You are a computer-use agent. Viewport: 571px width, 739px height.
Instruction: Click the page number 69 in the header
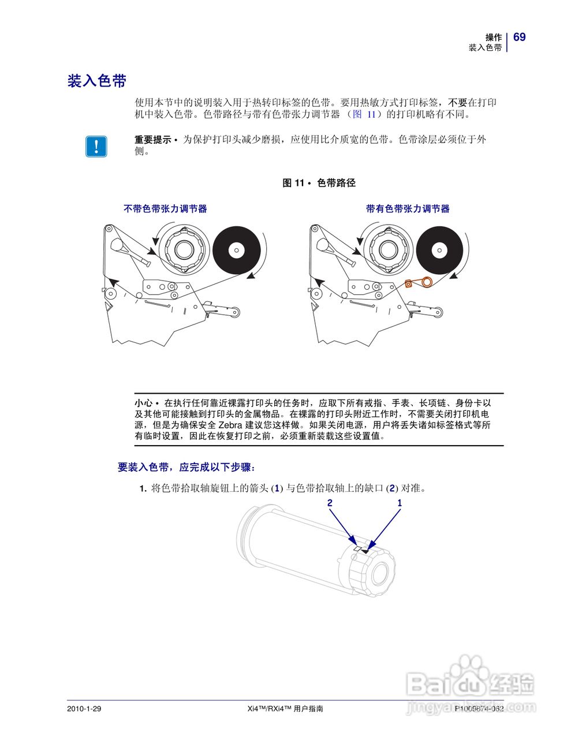pyautogui.click(x=519, y=37)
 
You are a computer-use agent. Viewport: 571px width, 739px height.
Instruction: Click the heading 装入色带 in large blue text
pyautogui.click(x=96, y=81)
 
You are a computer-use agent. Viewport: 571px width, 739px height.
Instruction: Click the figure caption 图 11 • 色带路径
pyautogui.click(x=319, y=183)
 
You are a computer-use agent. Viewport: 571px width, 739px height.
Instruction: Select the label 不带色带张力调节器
pyautogui.click(x=165, y=209)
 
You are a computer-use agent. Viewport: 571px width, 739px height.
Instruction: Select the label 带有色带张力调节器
pyautogui.click(x=408, y=209)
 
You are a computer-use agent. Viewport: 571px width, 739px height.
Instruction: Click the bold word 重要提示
pyautogui.click(x=152, y=140)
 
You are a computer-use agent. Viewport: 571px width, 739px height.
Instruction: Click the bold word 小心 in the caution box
pyautogui.click(x=143, y=402)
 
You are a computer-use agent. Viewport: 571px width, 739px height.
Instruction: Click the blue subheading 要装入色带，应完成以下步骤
pyautogui.click(x=186, y=467)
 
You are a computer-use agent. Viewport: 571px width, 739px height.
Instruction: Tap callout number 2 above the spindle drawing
pyautogui.click(x=330, y=503)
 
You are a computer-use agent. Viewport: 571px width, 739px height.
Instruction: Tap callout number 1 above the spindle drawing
pyautogui.click(x=400, y=503)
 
